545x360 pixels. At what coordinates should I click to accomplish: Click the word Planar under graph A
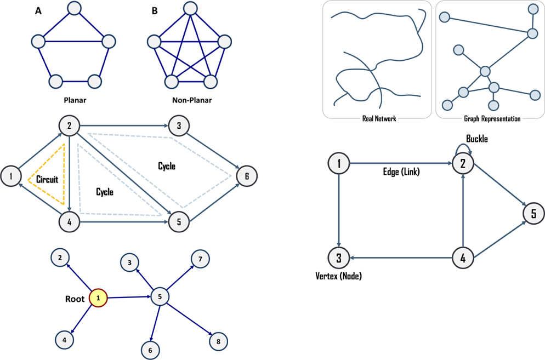point(75,101)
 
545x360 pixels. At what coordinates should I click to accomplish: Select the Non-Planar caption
point(191,101)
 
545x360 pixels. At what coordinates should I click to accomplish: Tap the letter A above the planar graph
point(38,11)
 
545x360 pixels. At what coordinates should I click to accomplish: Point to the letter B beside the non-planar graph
point(154,11)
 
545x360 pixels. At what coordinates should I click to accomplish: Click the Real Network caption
point(379,118)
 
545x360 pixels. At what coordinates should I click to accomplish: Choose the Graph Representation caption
point(492,118)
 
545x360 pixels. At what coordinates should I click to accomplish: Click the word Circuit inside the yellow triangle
point(47,179)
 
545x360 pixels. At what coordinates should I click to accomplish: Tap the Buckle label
point(476,139)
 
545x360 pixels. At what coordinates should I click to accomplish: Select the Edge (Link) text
point(401,172)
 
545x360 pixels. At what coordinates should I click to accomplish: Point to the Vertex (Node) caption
point(338,276)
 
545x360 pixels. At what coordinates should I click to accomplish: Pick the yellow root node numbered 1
point(98,299)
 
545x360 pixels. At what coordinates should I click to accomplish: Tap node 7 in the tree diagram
point(200,259)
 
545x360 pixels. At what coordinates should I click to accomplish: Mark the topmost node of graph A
point(74,8)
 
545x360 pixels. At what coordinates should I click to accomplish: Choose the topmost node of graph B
point(190,8)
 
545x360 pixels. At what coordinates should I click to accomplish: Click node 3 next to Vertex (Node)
point(339,256)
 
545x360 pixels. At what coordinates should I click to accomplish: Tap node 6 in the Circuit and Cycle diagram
point(247,176)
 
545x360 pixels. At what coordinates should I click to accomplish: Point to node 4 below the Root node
point(64,340)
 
